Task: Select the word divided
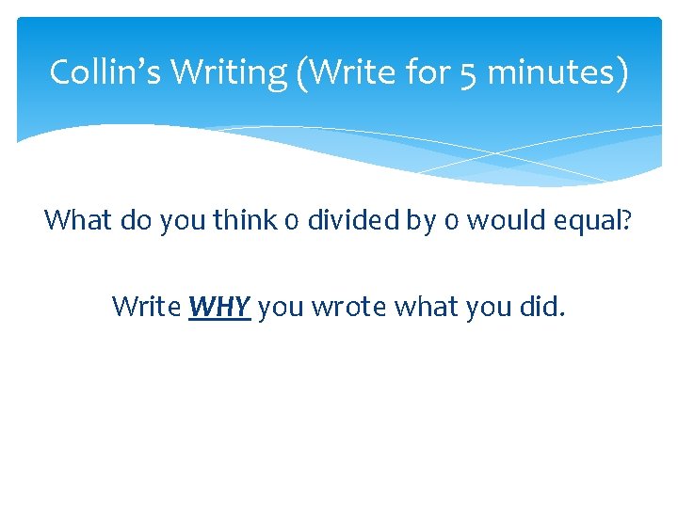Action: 364,221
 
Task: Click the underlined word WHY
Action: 219,307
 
